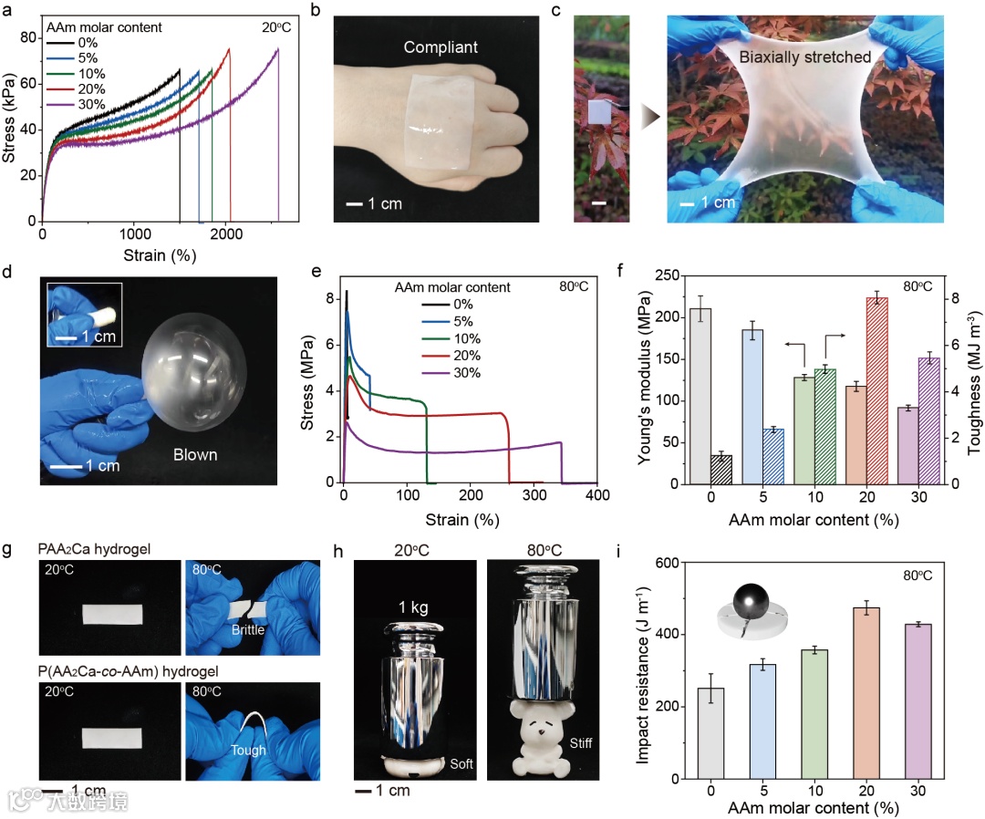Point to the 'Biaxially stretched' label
coord(805,57)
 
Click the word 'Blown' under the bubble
coord(195,454)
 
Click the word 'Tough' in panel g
coord(248,751)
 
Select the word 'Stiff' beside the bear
coord(579,743)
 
